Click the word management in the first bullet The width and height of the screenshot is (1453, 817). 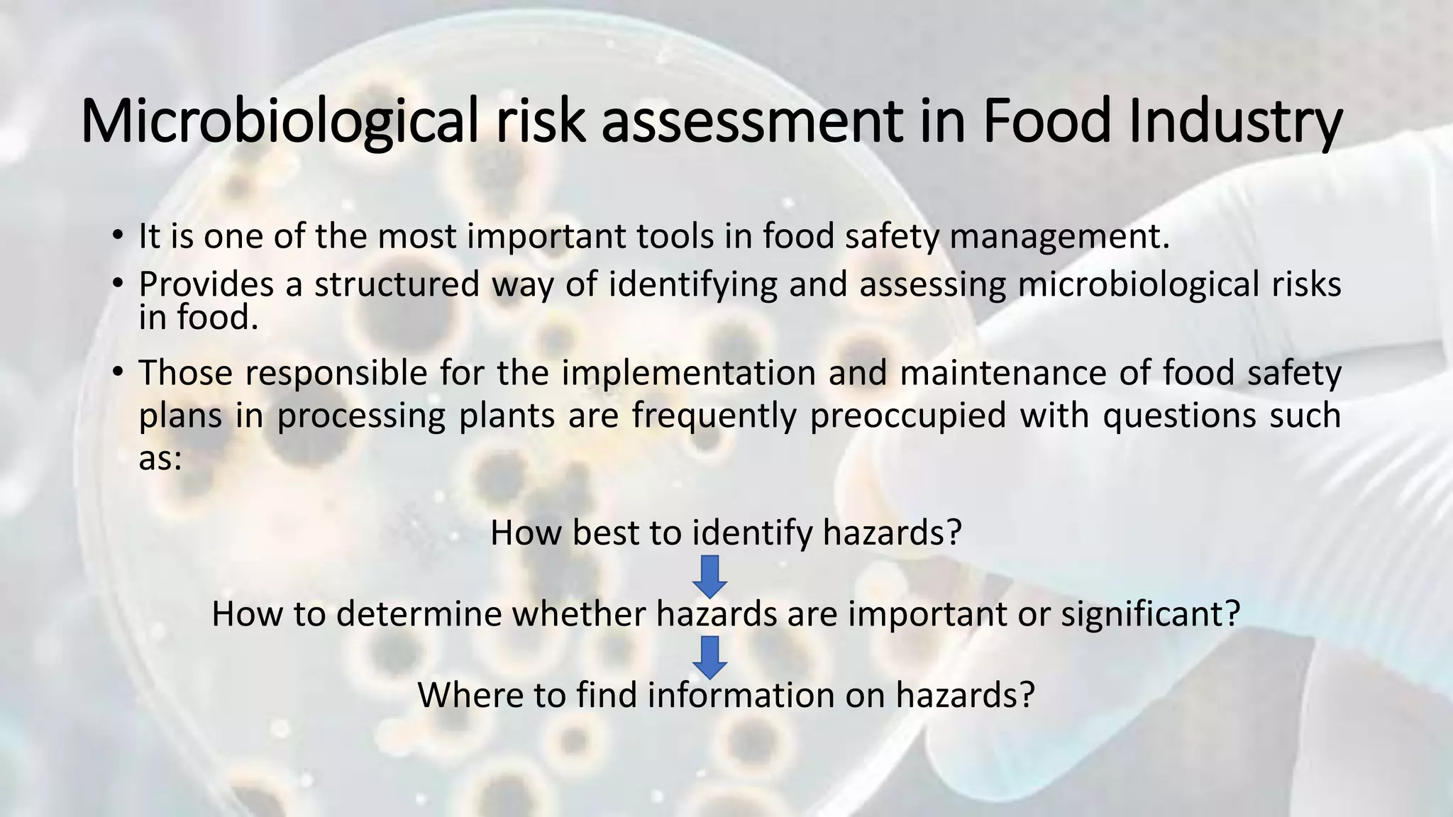point(1059,237)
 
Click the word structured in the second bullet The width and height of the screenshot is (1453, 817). point(397,284)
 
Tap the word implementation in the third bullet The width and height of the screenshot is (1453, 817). point(688,373)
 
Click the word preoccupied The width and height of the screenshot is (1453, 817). point(907,416)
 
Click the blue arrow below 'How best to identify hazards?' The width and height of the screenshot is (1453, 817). point(709,575)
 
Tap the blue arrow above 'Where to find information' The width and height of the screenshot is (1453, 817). point(709,657)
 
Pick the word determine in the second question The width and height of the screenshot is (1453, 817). point(419,614)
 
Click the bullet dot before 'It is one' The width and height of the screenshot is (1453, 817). point(118,235)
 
